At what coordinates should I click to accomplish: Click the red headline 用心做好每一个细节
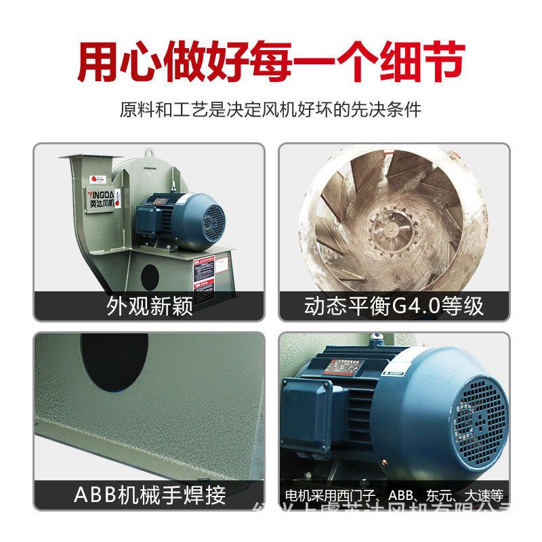(x=271, y=61)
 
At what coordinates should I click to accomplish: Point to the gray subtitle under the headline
(x=271, y=109)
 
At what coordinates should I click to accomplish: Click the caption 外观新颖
(x=150, y=306)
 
